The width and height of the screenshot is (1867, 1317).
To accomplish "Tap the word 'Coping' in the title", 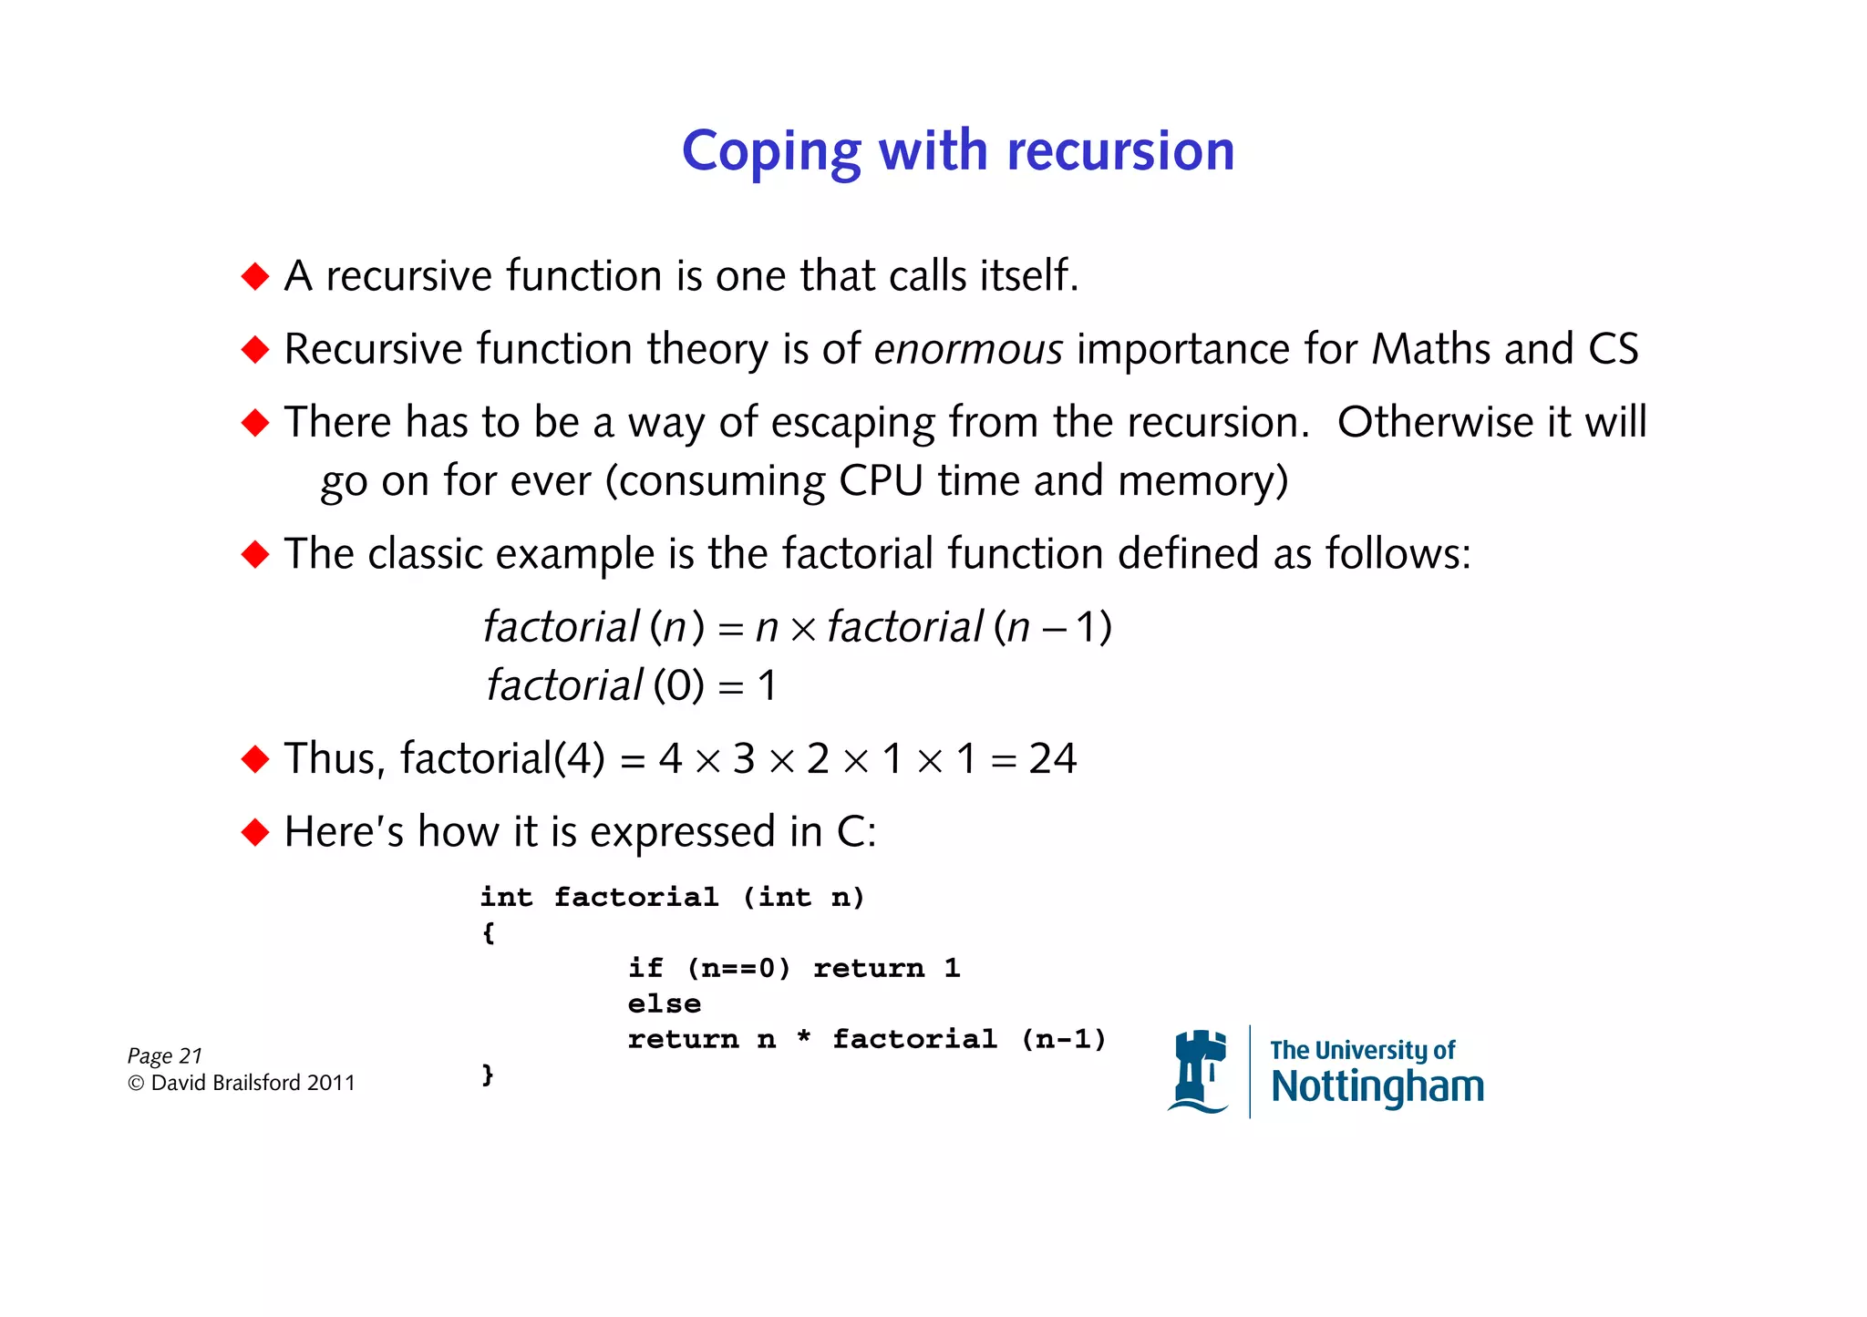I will [771, 152].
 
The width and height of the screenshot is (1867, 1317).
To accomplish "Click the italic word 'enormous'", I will [968, 349].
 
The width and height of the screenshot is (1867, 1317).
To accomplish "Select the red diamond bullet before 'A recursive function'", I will [255, 276].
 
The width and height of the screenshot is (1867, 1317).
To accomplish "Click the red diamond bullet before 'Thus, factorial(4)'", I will [255, 758].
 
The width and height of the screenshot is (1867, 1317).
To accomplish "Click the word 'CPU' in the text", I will [881, 480].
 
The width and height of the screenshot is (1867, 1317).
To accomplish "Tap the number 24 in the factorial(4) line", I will [1052, 758].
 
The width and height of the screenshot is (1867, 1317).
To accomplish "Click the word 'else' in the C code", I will [664, 1003].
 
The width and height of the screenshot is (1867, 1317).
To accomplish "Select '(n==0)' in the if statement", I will [738, 968].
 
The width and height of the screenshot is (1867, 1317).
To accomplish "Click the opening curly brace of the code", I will [489, 932].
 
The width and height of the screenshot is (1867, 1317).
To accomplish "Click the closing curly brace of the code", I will [489, 1075].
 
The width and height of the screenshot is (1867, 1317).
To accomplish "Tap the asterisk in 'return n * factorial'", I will [803, 1037].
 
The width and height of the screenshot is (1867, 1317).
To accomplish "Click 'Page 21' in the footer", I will [164, 1055].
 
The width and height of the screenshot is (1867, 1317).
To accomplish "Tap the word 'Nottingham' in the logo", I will [1377, 1087].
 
